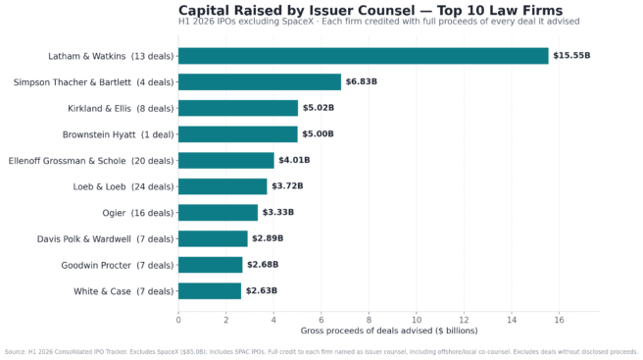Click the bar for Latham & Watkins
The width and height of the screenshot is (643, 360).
pyautogui.click(x=364, y=56)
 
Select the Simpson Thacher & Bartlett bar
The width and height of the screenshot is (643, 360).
pyautogui.click(x=260, y=82)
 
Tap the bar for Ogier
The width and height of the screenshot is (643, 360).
pyautogui.click(x=219, y=213)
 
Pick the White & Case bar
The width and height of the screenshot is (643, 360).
pyautogui.click(x=210, y=291)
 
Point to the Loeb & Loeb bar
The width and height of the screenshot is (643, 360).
pyautogui.click(x=223, y=186)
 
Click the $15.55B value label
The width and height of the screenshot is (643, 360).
pyautogui.click(x=571, y=55)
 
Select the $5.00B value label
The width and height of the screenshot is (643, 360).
pyautogui.click(x=318, y=134)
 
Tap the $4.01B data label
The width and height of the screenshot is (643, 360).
pyautogui.click(x=294, y=160)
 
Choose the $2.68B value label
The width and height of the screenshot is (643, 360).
pyautogui.click(x=263, y=265)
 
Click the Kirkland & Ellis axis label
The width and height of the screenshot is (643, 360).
pyautogui.click(x=121, y=108)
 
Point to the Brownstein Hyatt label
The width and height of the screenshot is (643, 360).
pyautogui.click(x=118, y=134)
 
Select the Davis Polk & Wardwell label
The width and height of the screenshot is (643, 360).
pyautogui.click(x=106, y=239)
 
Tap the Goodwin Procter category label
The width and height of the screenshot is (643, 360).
pyautogui.click(x=118, y=265)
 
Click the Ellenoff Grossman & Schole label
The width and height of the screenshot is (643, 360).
pyautogui.click(x=91, y=161)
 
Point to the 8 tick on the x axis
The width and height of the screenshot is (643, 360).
pyautogui.click(x=369, y=320)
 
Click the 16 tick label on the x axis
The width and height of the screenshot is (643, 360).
pyautogui.click(x=559, y=320)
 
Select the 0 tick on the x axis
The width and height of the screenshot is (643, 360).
pyautogui.click(x=178, y=320)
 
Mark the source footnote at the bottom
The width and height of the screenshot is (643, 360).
pyautogui.click(x=321, y=352)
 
